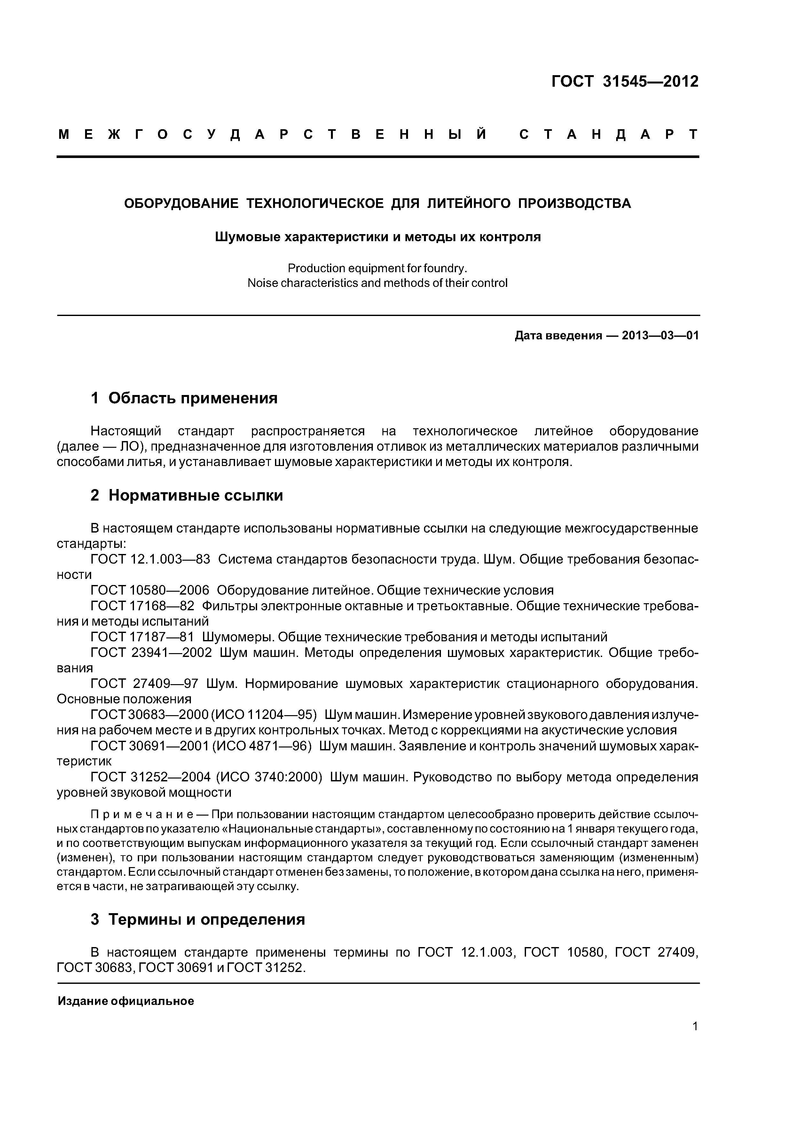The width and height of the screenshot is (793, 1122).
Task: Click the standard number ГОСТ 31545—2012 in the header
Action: point(625,82)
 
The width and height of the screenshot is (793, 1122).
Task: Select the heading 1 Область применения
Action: point(184,398)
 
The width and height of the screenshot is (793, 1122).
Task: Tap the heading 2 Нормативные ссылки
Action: point(187,495)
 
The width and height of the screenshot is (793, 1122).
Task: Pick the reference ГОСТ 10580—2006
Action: point(150,591)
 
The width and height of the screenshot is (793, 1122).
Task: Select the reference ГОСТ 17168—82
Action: point(143,606)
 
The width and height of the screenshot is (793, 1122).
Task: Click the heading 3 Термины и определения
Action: point(198,920)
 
